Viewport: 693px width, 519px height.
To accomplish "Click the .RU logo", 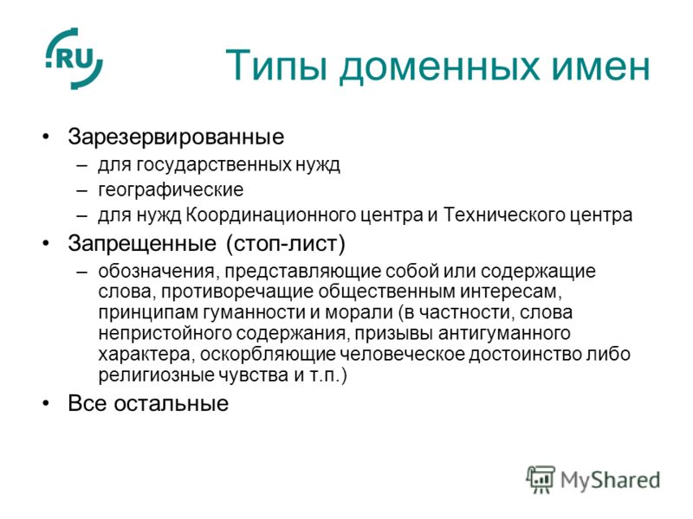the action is point(74,58).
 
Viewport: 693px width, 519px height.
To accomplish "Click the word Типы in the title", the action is point(276,67).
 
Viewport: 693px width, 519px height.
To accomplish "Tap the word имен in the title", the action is point(601,67).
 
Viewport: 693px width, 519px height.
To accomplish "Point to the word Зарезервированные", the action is point(176,137).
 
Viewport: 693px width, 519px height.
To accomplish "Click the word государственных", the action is point(213,165).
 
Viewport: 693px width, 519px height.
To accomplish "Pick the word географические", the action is point(171,190).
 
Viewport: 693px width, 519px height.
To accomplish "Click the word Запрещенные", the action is point(142,244).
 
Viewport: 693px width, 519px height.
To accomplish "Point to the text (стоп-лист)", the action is point(286,244).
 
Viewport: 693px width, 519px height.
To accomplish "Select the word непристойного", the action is point(165,334).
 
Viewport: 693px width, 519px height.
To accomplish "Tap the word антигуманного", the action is point(504,334).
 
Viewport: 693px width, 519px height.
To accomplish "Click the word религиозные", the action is point(156,375).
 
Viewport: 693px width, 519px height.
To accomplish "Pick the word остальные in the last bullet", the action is point(171,403).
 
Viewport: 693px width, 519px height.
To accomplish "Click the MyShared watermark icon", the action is point(541,479).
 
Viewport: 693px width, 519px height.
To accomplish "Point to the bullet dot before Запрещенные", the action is point(46,243).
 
